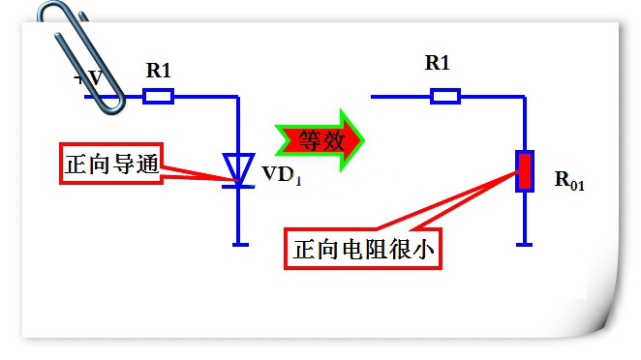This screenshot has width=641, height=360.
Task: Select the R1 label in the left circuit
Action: point(160,70)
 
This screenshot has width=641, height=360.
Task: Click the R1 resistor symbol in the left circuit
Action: point(158,96)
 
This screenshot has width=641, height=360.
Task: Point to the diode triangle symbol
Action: point(237,166)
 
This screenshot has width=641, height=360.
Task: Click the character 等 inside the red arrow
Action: point(308,139)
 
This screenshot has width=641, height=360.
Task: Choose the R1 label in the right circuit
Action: point(438,64)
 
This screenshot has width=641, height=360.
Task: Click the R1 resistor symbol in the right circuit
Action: point(444,96)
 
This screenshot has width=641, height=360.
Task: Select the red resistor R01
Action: point(524,170)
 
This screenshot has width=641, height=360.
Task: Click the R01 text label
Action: point(569,180)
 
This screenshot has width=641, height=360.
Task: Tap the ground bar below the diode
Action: point(237,245)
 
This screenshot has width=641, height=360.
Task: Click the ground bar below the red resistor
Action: point(524,245)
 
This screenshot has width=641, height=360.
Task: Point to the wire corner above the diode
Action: point(237,96)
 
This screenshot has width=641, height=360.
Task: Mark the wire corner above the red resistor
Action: point(524,96)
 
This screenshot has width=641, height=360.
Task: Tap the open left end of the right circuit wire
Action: point(374,96)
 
